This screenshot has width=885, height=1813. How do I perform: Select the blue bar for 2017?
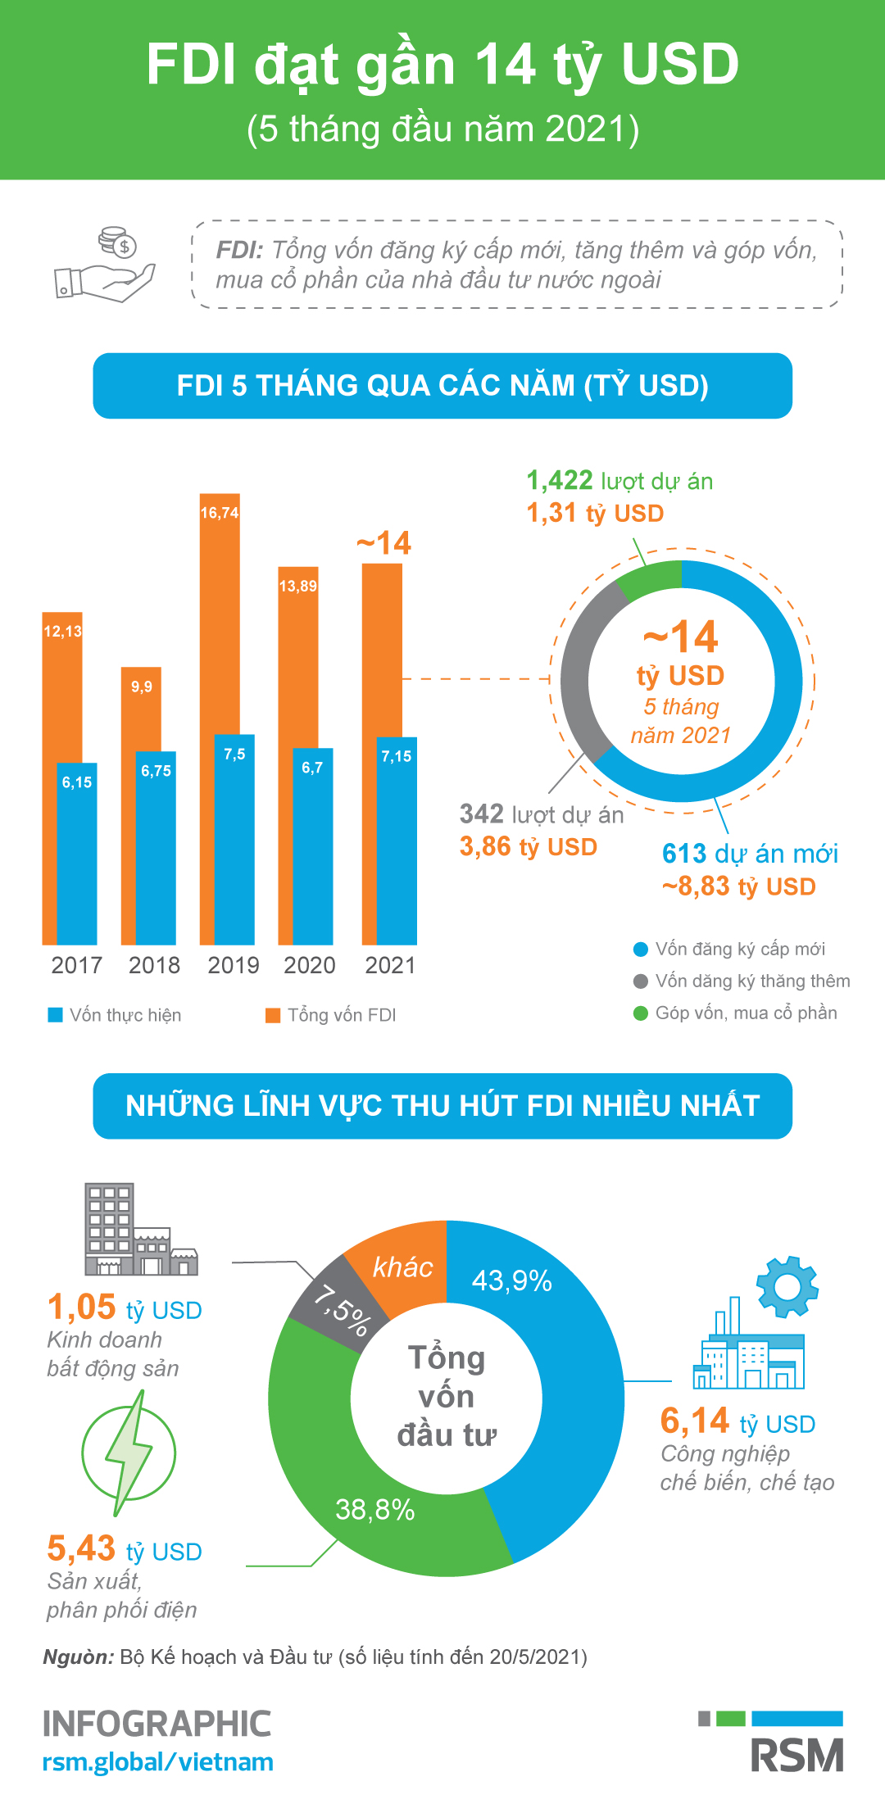(77, 860)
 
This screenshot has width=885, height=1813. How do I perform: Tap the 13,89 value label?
(297, 586)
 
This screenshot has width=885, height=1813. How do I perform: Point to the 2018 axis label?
(154, 965)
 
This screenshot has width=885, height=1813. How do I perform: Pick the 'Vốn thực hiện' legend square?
(56, 1015)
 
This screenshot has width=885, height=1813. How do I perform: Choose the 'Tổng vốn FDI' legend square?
(273, 1015)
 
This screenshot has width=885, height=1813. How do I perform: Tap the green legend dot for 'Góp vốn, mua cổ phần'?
(641, 1013)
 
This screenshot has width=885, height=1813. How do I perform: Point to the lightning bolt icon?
(129, 1453)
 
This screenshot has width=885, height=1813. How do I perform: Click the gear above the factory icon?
(787, 1286)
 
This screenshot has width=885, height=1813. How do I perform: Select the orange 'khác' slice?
(402, 1266)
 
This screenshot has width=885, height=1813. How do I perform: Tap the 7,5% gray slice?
(336, 1303)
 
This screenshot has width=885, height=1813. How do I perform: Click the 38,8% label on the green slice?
(375, 1509)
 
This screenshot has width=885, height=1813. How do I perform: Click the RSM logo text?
(796, 1756)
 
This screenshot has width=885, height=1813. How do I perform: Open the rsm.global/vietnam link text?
(157, 1762)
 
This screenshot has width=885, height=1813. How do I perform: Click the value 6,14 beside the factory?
(695, 1421)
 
